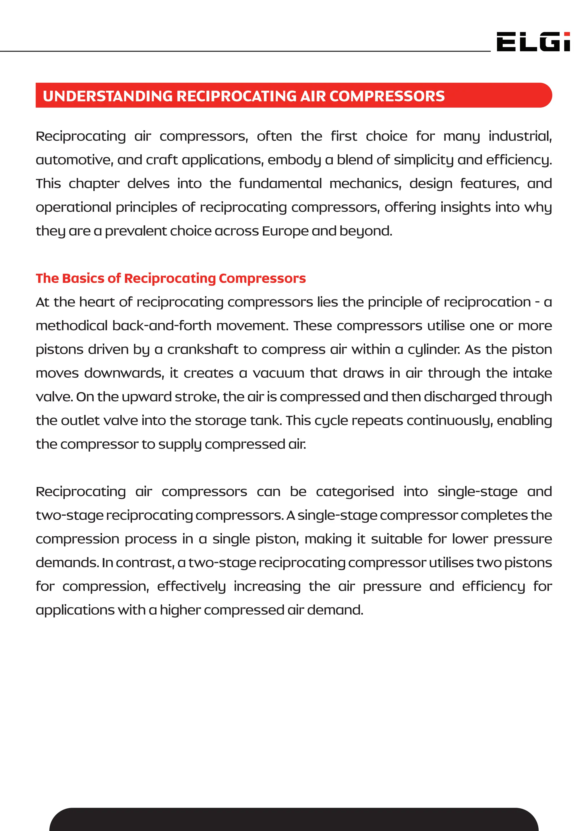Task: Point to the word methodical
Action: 72,326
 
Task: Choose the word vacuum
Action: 278,373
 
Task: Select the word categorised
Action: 355,492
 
